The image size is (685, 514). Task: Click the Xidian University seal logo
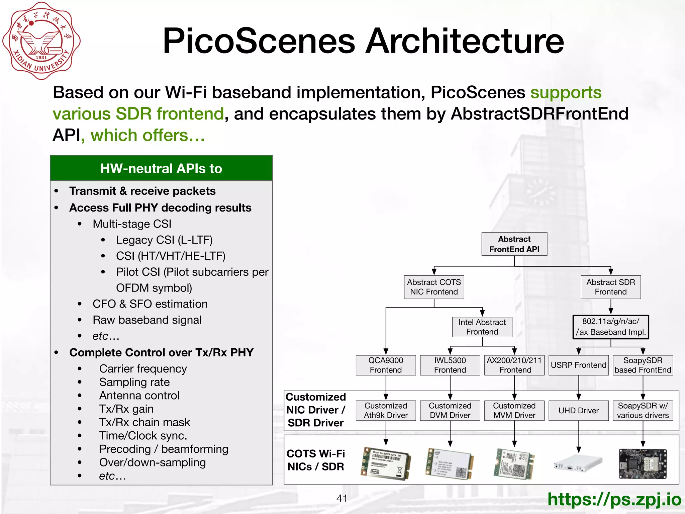pos(41,41)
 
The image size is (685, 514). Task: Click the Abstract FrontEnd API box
pos(514,244)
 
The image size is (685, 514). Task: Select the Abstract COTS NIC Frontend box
pos(434,287)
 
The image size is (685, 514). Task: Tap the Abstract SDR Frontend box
pos(610,287)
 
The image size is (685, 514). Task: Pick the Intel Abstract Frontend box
pos(482,327)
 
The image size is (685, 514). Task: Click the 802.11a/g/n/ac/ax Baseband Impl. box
pos(610,327)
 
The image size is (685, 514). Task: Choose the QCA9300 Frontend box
pos(386,365)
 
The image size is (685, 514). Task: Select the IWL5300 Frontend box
pos(450,365)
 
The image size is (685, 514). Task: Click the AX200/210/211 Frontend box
pos(514,365)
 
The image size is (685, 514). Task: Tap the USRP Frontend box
pos(578,365)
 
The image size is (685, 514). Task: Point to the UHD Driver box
pos(578,411)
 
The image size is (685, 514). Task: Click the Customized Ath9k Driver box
pos(386,411)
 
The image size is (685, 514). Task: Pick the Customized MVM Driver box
pos(514,411)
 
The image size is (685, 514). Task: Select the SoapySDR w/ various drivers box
pos(643,411)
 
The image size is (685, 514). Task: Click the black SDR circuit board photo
pos(643,464)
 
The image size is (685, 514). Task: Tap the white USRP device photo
pos(578,463)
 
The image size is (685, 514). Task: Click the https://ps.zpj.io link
pos(614,499)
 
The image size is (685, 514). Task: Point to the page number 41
pos(341,499)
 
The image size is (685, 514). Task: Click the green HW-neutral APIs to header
pos(161,168)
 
